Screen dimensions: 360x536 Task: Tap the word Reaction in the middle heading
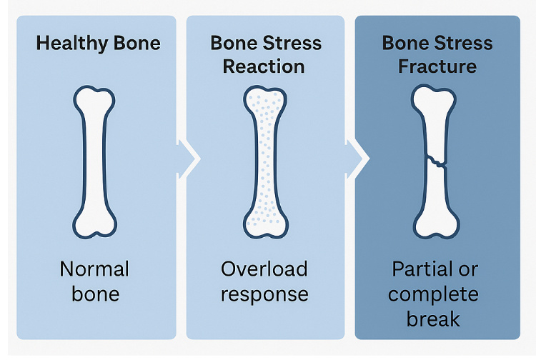pos(264,66)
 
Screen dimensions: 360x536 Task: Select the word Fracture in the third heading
pos(437,66)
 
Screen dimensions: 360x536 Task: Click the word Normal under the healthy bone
pos(94,269)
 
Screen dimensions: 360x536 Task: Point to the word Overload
pos(264,269)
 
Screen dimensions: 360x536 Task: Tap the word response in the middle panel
pos(264,294)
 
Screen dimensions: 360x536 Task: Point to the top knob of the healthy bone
pos(94,100)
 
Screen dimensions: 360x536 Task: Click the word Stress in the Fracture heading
pos(461,43)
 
